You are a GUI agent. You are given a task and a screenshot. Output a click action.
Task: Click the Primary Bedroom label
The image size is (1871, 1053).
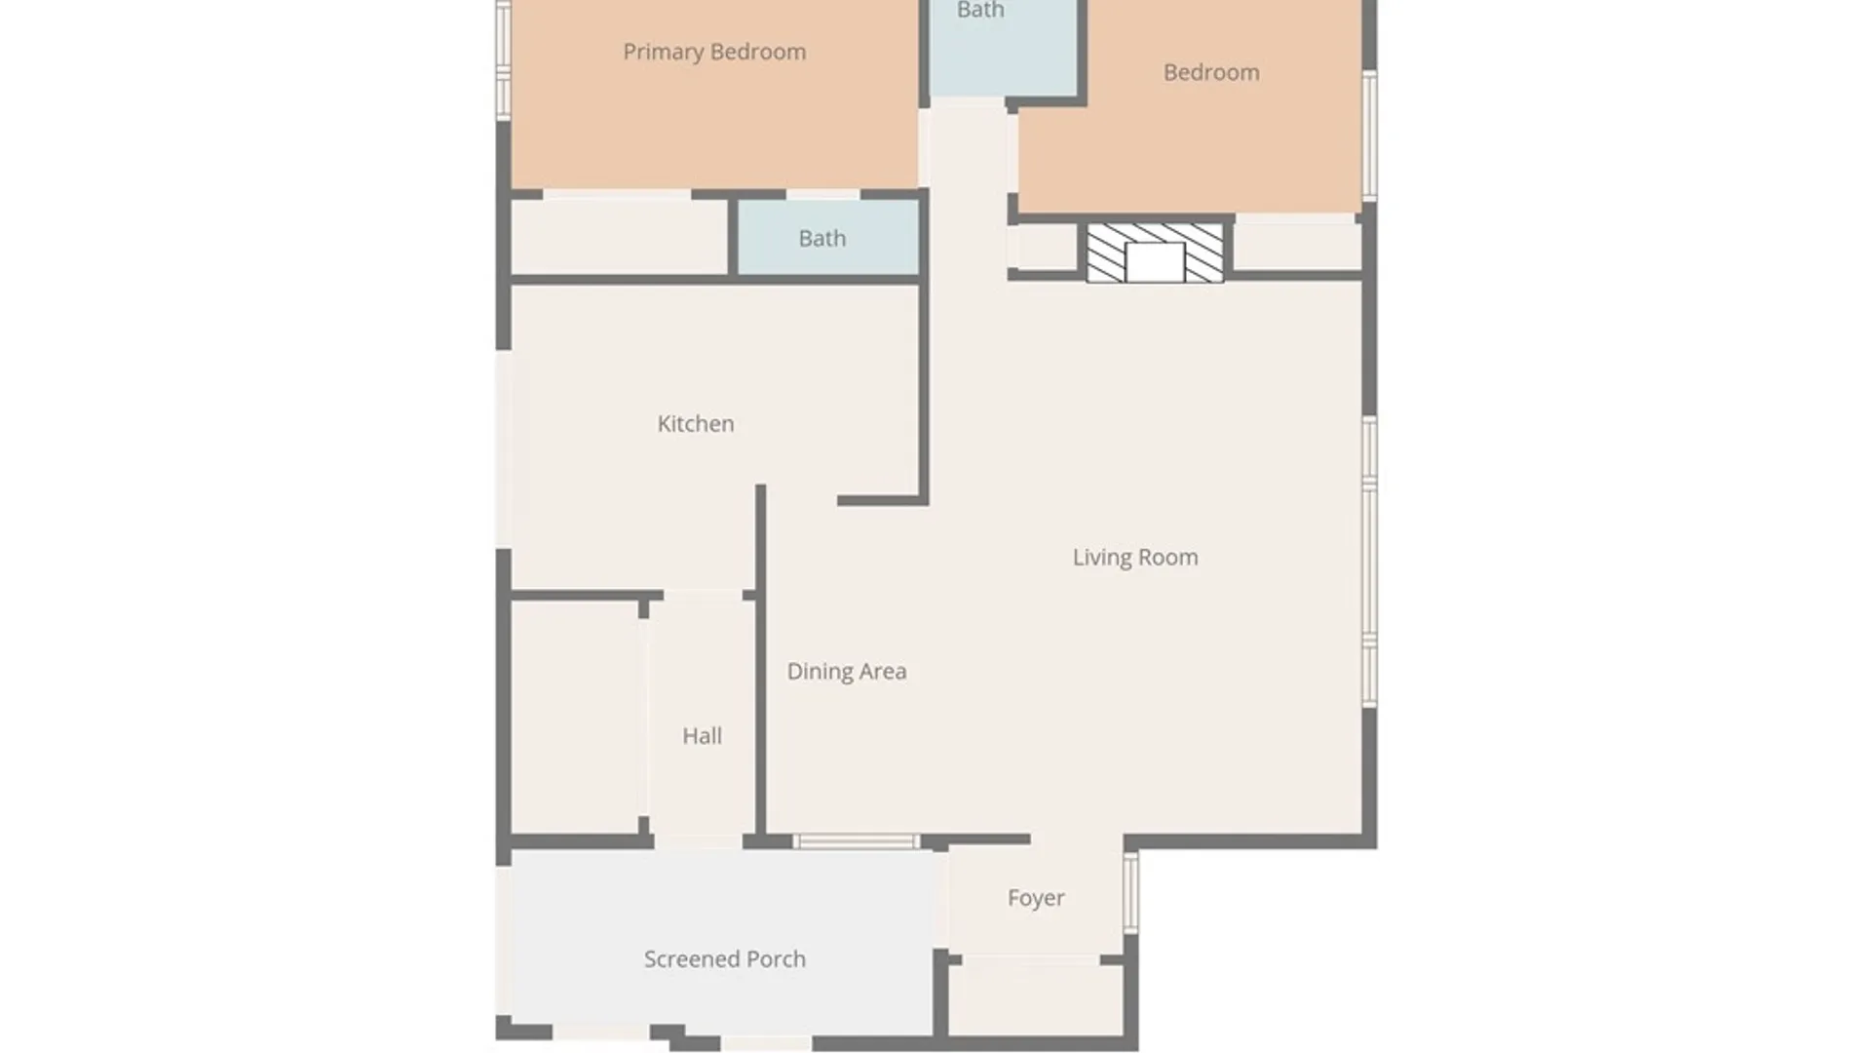pyautogui.click(x=714, y=53)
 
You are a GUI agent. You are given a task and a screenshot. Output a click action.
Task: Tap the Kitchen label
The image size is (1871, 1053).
pyautogui.click(x=696, y=424)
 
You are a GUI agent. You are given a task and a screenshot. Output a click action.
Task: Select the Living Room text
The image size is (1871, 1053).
pyautogui.click(x=1135, y=558)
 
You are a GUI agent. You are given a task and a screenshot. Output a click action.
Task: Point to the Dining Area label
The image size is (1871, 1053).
pyautogui.click(x=847, y=672)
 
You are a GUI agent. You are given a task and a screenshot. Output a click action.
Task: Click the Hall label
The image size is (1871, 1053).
pyautogui.click(x=702, y=736)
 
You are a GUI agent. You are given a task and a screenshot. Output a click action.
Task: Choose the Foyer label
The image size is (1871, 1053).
pyautogui.click(x=1036, y=898)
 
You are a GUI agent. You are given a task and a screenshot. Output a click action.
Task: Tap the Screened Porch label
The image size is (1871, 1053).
pyautogui.click(x=725, y=959)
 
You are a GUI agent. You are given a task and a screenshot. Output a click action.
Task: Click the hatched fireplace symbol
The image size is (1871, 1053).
pyautogui.click(x=1155, y=253)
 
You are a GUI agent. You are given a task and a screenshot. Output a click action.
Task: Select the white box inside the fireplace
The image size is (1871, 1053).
pyautogui.click(x=1155, y=263)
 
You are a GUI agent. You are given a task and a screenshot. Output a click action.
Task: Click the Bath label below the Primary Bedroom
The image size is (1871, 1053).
pyautogui.click(x=822, y=239)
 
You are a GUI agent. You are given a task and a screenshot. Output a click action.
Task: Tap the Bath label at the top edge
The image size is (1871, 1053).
pyautogui.click(x=980, y=11)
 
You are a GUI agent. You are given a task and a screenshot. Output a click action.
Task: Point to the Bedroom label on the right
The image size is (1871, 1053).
pyautogui.click(x=1211, y=73)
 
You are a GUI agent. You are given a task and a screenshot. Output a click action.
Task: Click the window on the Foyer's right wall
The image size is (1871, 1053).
pyautogui.click(x=1130, y=893)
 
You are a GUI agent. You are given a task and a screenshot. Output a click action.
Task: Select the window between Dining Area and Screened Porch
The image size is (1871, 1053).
pyautogui.click(x=856, y=841)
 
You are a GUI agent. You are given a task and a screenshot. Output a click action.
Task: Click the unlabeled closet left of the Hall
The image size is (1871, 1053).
pyautogui.click(x=575, y=718)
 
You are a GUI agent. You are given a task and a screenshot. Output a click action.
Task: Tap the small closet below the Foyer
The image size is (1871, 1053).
pyautogui.click(x=1036, y=999)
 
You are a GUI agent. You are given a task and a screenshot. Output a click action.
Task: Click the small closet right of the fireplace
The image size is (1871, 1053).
pyautogui.click(x=1297, y=247)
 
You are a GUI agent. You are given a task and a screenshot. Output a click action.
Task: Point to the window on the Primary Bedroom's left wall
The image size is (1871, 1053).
pyautogui.click(x=504, y=60)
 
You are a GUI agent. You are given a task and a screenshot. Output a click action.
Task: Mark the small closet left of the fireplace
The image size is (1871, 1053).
pyautogui.click(x=1048, y=248)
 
